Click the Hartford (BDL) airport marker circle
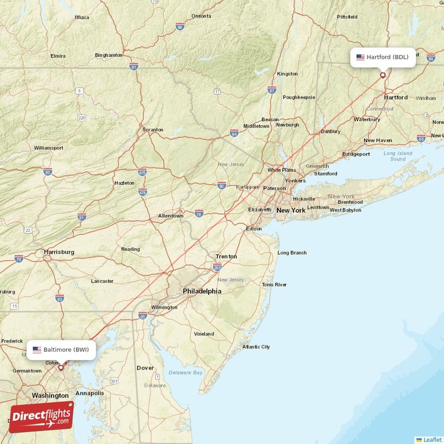(x=382, y=75)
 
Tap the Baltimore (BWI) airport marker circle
(x=61, y=367)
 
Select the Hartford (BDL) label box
(x=382, y=57)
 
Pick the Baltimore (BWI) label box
(x=61, y=350)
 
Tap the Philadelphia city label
(x=202, y=291)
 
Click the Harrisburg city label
(x=59, y=251)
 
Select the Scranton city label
(x=153, y=130)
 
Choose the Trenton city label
(x=226, y=256)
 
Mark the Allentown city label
(x=170, y=215)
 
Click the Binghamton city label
(x=109, y=55)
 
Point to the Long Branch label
(x=292, y=253)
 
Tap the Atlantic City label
(x=256, y=347)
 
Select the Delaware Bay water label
(x=186, y=372)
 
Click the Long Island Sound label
(x=398, y=156)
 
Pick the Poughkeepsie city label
(x=299, y=97)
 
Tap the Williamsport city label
(x=48, y=148)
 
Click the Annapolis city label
(x=89, y=393)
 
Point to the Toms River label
(x=274, y=285)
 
